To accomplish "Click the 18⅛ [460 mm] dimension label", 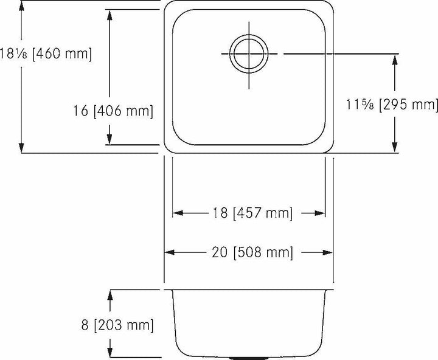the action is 46,54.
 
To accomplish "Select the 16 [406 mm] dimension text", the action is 113,111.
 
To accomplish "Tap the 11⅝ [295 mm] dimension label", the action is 392,105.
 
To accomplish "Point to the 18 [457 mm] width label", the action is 252,213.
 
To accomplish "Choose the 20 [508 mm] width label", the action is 252,252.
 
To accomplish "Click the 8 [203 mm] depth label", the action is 117,325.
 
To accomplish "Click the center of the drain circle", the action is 249,54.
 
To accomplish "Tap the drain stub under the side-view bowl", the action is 246,358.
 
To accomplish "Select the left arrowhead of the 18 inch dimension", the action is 178,213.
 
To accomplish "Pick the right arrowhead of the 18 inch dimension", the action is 320,213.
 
